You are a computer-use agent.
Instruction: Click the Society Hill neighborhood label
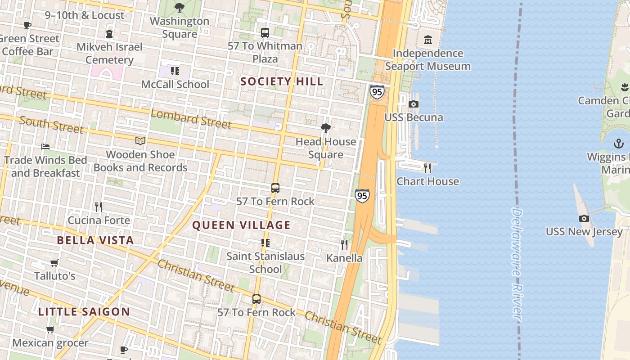(282, 81)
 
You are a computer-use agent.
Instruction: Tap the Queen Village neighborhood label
(241, 225)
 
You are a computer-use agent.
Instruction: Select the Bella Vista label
(95, 240)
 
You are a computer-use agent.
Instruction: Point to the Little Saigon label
(84, 311)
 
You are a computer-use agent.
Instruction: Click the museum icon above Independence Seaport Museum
(427, 40)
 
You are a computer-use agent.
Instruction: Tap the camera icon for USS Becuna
(413, 104)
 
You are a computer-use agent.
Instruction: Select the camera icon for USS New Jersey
(584, 219)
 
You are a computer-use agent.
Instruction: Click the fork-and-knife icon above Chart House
(427, 168)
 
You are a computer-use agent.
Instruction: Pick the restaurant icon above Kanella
(344, 245)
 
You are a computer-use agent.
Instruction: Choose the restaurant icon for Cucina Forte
(99, 207)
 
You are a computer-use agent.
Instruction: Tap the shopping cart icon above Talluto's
(54, 263)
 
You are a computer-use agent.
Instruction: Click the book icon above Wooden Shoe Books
(140, 141)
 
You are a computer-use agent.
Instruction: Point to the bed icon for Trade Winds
(45, 147)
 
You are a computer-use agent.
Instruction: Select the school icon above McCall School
(175, 71)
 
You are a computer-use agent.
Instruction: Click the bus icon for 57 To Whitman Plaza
(265, 33)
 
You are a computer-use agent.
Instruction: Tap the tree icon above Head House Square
(325, 129)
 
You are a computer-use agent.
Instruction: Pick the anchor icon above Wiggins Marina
(619, 144)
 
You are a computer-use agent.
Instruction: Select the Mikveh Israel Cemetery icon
(109, 34)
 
